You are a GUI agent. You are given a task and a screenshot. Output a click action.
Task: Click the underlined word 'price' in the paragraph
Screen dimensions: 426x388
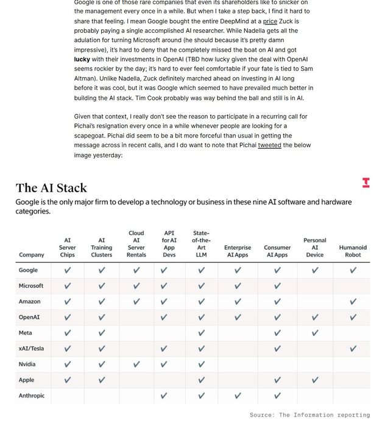pyautogui.click(x=270, y=21)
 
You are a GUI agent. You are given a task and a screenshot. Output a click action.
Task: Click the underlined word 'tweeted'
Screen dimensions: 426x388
pyautogui.click(x=270, y=145)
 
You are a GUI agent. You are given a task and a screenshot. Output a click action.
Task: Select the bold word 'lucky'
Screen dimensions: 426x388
pyautogui.click(x=82, y=60)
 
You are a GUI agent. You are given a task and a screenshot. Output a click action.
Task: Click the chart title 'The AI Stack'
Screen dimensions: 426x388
pyautogui.click(x=51, y=187)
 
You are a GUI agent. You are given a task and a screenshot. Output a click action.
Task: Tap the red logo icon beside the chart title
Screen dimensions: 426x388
pyautogui.click(x=365, y=182)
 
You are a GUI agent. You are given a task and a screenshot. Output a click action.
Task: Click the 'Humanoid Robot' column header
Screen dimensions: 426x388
pyautogui.click(x=353, y=251)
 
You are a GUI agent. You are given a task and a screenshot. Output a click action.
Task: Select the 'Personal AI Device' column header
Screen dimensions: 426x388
pyautogui.click(x=314, y=247)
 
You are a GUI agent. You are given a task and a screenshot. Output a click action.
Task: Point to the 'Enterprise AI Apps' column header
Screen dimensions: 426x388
pyautogui.click(x=238, y=251)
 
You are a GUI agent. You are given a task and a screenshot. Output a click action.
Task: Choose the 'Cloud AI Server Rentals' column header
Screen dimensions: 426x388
pyautogui.click(x=136, y=243)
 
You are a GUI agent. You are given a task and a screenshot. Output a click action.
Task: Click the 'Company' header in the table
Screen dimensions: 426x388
pyautogui.click(x=32, y=255)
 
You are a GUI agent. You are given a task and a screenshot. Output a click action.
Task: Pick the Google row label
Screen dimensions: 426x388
pyautogui.click(x=28, y=270)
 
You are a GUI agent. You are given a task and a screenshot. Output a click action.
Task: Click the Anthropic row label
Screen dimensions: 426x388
pyautogui.click(x=32, y=396)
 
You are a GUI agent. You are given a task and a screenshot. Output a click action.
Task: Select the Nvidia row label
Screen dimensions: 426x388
pyautogui.click(x=27, y=364)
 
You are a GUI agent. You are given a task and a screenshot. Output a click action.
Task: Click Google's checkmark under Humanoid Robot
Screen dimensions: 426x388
pyautogui.click(x=353, y=270)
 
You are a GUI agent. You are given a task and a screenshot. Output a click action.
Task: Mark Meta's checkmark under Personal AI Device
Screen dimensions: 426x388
pyautogui.click(x=314, y=333)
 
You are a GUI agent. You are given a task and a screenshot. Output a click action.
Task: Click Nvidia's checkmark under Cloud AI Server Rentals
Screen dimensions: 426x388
pyautogui.click(x=136, y=364)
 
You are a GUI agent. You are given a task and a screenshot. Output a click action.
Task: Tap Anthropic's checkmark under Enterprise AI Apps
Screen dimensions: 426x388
pyautogui.click(x=238, y=396)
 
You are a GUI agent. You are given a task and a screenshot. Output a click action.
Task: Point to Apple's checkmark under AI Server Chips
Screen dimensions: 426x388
pyautogui.click(x=67, y=380)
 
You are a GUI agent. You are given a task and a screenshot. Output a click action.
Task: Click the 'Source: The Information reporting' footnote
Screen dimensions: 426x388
pyautogui.click(x=309, y=415)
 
